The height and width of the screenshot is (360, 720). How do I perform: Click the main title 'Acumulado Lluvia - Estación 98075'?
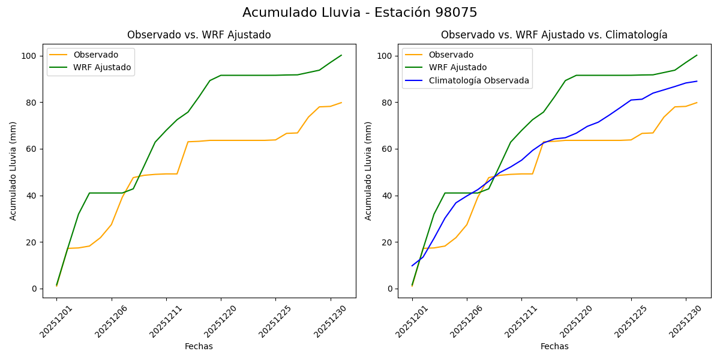coord(360,13)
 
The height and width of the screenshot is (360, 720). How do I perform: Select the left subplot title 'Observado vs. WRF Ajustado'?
coord(199,35)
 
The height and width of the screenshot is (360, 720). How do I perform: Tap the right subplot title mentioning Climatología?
coord(554,35)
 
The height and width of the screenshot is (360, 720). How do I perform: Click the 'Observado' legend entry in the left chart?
coord(95,55)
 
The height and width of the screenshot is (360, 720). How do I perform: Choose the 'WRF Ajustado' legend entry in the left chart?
coord(102,67)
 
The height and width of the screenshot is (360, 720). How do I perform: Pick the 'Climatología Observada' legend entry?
coord(478,80)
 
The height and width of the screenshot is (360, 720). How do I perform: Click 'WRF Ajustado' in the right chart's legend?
coord(457,67)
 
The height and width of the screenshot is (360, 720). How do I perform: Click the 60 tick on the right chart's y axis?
coord(388,149)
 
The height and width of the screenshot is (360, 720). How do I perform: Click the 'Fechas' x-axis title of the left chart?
coord(199,346)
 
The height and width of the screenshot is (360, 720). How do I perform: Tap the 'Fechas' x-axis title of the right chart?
coord(554,346)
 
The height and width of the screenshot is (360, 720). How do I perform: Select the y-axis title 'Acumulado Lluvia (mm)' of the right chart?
coord(368,170)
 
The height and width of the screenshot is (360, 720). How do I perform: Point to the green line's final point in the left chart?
coord(341,55)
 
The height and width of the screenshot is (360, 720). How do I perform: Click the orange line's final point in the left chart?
coord(341,103)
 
